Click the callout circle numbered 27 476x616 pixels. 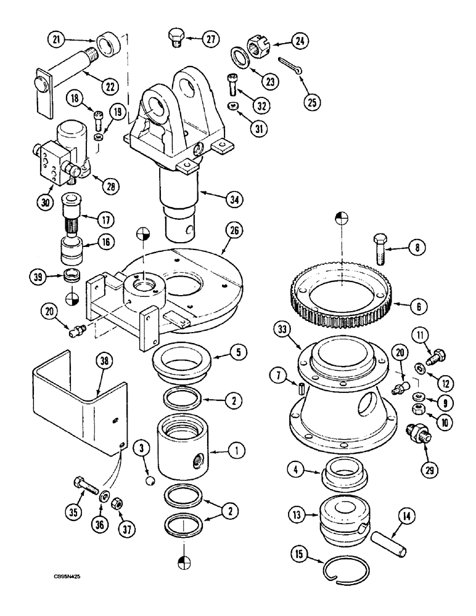(211, 38)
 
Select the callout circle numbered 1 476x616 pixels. (234, 452)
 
